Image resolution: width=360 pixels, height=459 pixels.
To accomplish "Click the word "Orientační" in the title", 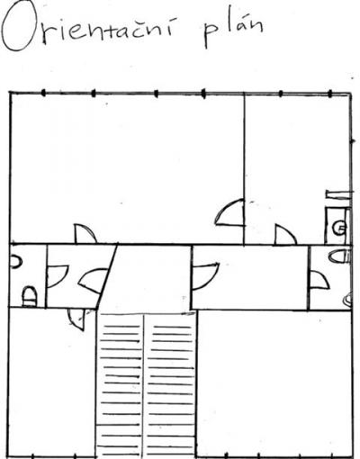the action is [87, 28].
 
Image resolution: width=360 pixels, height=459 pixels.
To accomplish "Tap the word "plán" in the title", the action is [233, 30].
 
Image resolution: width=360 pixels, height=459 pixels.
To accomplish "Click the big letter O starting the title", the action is [19, 29].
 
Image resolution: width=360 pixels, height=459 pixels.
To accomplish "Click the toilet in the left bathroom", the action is [30, 297].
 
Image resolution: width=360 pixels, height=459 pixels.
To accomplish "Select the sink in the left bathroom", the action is [16, 262].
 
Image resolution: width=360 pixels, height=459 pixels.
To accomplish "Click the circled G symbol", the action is [340, 227].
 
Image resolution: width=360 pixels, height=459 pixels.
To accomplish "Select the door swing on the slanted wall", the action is [93, 281].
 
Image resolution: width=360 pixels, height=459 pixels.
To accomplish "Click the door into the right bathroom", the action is [319, 280].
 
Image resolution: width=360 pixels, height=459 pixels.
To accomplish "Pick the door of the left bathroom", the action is [58, 276].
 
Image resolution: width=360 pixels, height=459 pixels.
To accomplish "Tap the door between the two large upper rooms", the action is [229, 212].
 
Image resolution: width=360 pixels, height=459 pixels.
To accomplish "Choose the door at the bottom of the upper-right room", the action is [286, 235].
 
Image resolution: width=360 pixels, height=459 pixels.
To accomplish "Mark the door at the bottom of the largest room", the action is [85, 234].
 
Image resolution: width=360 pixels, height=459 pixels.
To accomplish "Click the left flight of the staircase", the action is [121, 385].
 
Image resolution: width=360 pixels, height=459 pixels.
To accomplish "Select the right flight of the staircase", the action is [170, 385].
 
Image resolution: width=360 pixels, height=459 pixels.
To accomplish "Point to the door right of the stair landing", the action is [205, 276].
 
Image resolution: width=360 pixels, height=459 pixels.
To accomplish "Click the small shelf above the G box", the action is [337, 194].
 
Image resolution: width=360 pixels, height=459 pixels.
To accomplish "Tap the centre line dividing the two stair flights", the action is [145, 386].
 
